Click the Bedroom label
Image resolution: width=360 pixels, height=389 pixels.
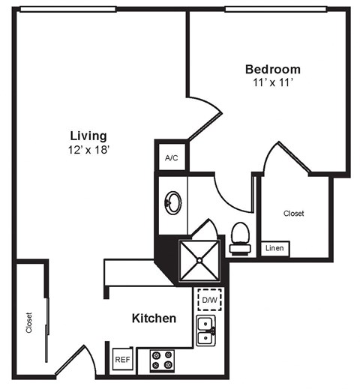[x=272, y=69]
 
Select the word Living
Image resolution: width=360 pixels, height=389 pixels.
[x=88, y=136]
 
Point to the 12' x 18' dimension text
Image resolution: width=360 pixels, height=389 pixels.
[x=88, y=149]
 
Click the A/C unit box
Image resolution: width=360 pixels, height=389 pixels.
[x=171, y=158]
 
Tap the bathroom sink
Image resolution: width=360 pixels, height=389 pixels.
[x=172, y=202]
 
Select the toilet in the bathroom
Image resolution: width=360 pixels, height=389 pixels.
[x=240, y=233]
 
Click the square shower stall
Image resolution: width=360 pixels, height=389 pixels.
[x=200, y=260]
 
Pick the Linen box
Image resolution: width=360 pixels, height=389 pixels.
[x=275, y=248]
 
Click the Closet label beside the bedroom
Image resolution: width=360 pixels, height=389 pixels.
[x=293, y=214]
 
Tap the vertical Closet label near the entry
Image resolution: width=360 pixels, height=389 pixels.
[x=29, y=322]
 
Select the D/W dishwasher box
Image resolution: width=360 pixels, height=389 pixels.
[x=208, y=301]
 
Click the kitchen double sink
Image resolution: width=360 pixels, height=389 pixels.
[x=205, y=331]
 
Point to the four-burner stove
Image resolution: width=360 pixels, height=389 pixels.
[x=161, y=361]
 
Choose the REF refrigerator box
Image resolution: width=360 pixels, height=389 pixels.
[x=122, y=360]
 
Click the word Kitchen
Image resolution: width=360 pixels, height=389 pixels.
[x=154, y=319]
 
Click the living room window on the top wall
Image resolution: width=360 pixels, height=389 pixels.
[x=67, y=9]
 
